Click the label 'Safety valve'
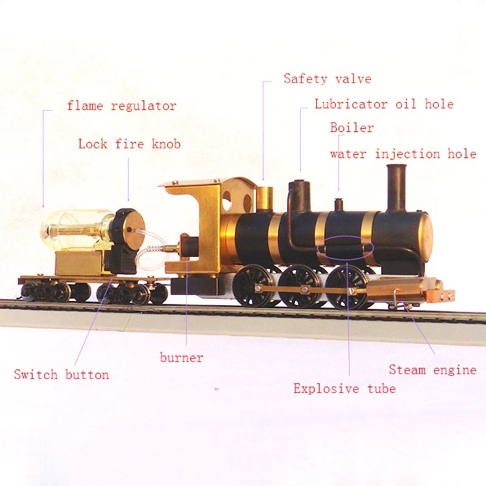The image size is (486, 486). click(x=327, y=79)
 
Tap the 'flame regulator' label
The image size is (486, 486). click(x=122, y=106)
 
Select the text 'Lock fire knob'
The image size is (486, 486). click(x=129, y=144)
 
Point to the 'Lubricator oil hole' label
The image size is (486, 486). click(x=384, y=104)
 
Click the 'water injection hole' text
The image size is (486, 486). click(x=403, y=154)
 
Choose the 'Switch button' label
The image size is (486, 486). click(x=61, y=374)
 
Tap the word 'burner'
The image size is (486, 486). click(x=182, y=357)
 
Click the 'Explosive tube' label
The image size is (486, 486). click(x=344, y=389)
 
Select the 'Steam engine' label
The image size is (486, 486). click(x=433, y=369)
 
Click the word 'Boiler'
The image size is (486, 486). click(x=352, y=128)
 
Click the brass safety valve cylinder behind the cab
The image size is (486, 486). click(x=264, y=198)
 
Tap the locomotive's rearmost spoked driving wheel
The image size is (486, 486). click(x=253, y=285)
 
